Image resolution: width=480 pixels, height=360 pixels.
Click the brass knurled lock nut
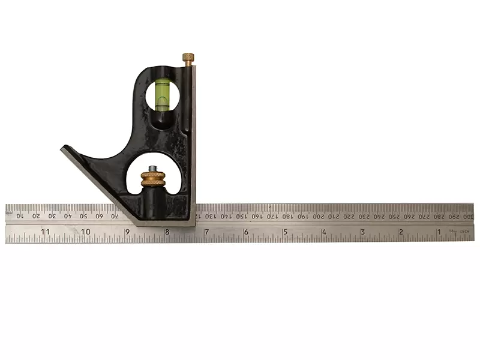[x=153, y=178]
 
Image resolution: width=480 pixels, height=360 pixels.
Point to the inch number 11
[x=46, y=232]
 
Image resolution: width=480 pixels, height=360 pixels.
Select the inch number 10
[x=86, y=232]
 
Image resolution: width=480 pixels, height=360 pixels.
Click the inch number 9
[x=127, y=232]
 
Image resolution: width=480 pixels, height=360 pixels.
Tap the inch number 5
[x=284, y=232]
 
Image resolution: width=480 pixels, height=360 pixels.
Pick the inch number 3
[x=362, y=232]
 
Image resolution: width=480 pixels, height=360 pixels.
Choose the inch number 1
[x=439, y=232]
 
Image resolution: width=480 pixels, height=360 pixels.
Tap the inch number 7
[x=206, y=232]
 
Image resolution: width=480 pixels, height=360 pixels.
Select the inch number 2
[x=400, y=232]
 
